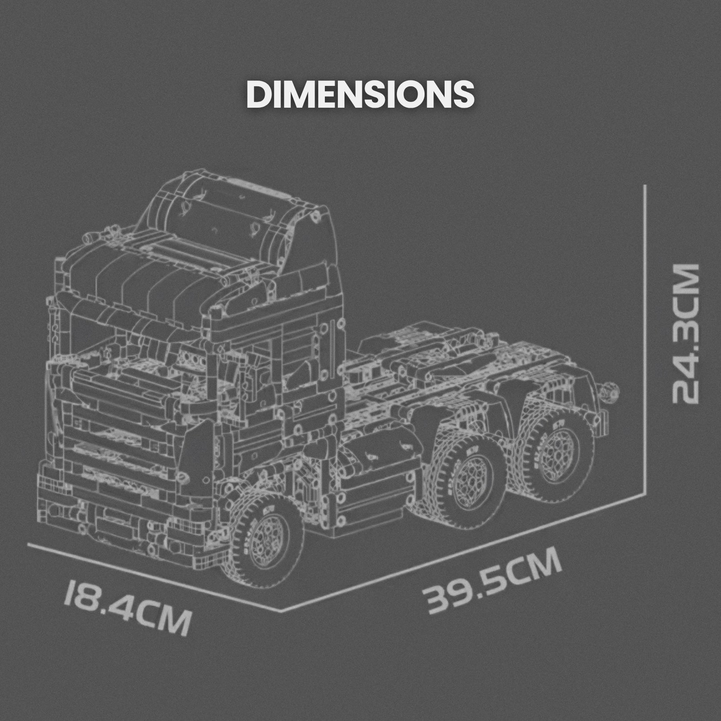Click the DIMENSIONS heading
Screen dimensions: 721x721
click(360, 94)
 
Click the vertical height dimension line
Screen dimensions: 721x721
click(644, 338)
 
